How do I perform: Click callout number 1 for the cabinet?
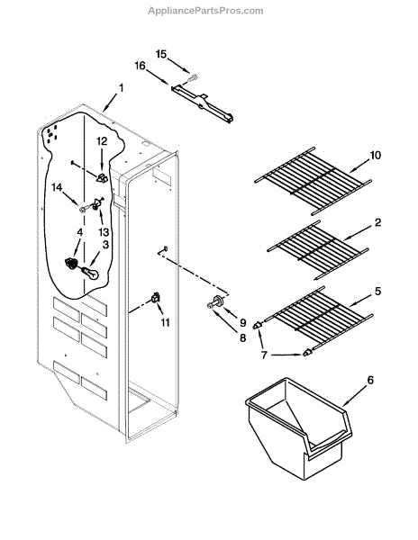tap(121, 88)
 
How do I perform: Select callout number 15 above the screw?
tap(161, 54)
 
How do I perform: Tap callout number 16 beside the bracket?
tap(140, 66)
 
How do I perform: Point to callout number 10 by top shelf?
tap(376, 155)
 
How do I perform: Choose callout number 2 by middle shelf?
tap(378, 221)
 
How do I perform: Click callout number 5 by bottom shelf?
tap(377, 291)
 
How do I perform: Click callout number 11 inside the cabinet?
tap(164, 321)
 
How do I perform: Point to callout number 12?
tap(102, 141)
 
